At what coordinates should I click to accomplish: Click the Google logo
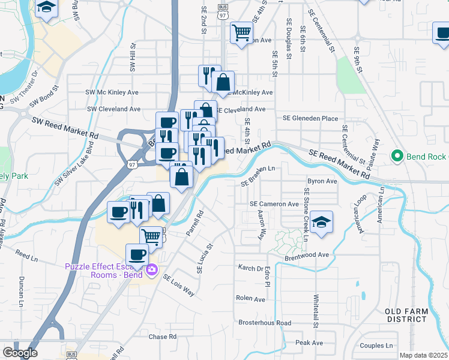[20, 353]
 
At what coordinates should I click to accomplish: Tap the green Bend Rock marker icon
[396, 157]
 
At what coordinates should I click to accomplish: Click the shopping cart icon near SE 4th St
[241, 32]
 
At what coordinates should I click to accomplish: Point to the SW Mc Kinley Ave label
[112, 92]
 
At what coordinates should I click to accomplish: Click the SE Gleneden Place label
[310, 119]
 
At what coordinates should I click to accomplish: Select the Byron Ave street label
[322, 181]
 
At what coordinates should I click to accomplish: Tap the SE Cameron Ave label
[274, 204]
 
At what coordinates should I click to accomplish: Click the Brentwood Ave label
[307, 255]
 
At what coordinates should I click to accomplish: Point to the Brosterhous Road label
[265, 323]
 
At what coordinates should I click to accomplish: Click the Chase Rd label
[162, 337]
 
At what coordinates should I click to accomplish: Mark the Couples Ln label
[376, 346]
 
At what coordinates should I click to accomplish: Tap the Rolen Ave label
[250, 298]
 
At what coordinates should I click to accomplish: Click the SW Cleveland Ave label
[113, 109]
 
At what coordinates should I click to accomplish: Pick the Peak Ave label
[309, 343]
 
